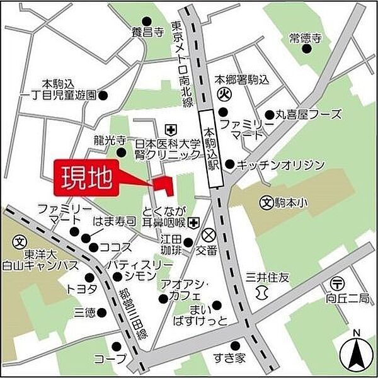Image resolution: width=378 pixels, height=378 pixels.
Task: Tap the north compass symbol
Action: coord(357,353)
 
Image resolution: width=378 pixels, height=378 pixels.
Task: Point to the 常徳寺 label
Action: coord(306,38)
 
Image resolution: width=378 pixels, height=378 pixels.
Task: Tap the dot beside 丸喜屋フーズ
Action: coord(269,115)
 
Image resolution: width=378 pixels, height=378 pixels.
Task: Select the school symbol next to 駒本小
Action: coord(266,203)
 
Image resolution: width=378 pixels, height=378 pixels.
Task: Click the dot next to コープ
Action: coord(116,345)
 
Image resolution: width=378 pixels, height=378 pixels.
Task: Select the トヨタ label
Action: coord(81,289)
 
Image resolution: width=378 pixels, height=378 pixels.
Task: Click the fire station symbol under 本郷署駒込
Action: coord(224,95)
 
